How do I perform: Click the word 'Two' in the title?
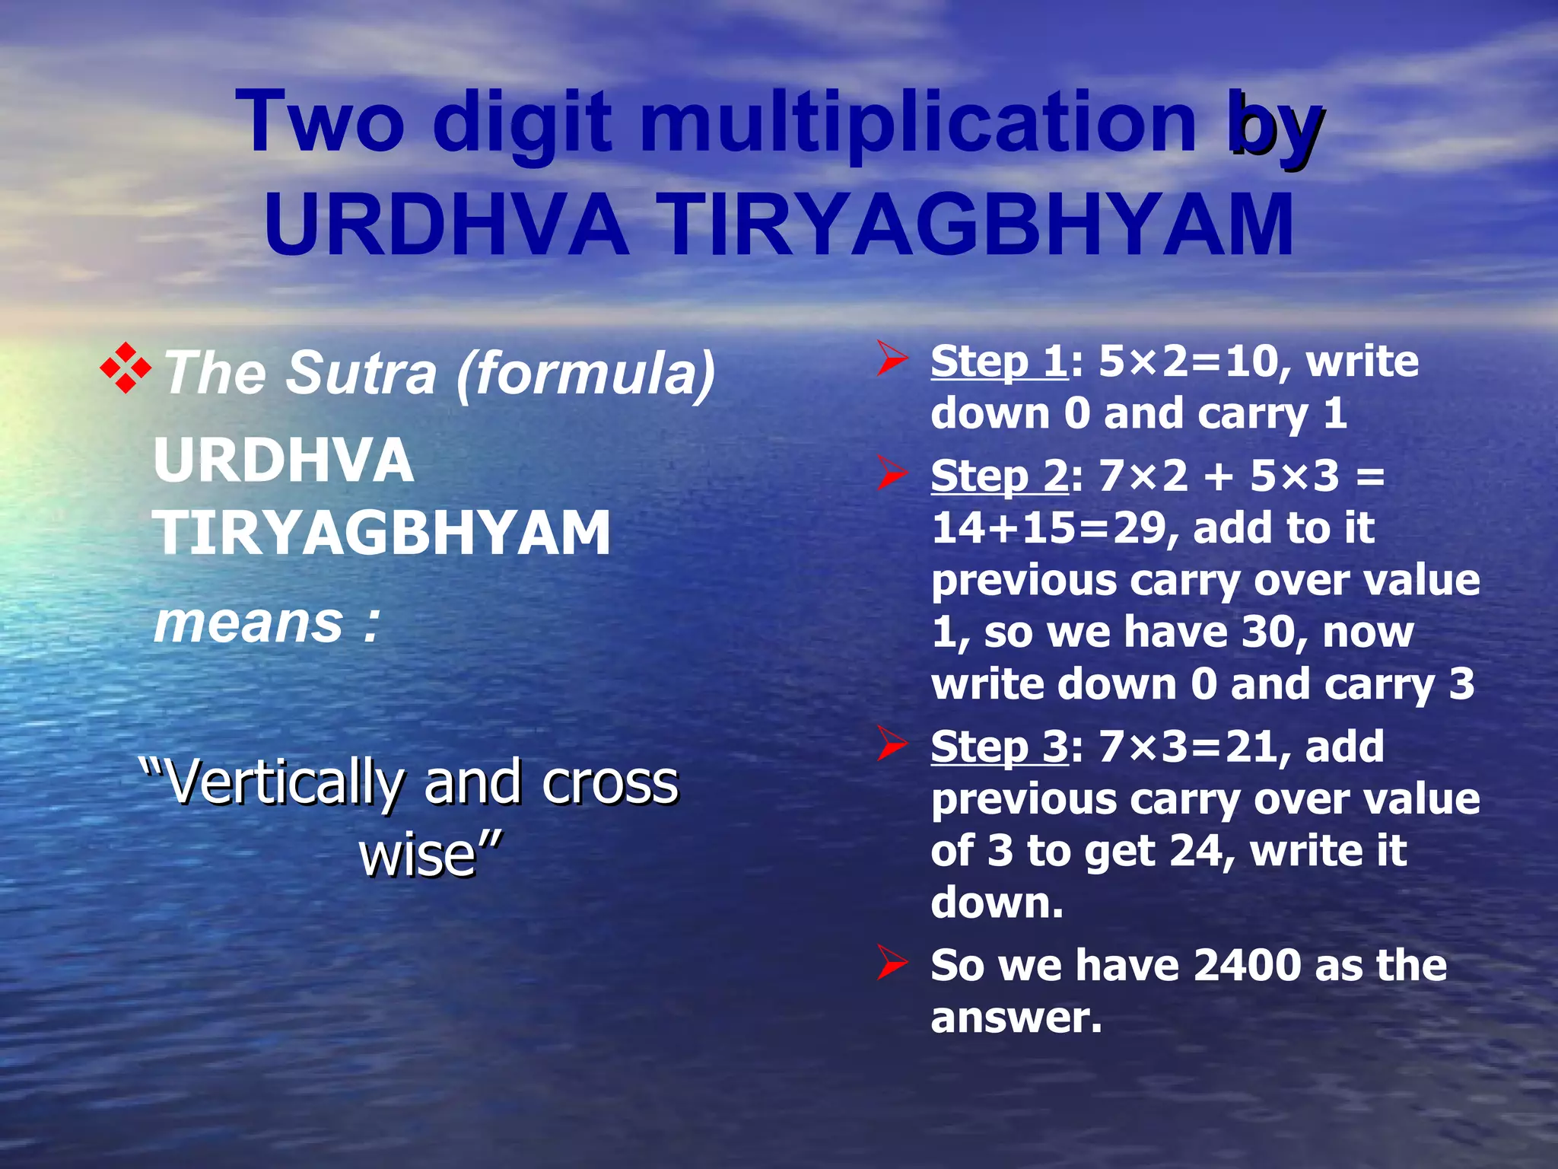coord(320,122)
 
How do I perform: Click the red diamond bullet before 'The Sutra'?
coord(126,369)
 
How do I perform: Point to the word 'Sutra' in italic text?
coord(361,373)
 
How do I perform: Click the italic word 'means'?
coord(248,623)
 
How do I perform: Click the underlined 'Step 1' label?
coord(1000,362)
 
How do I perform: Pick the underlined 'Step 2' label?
coord(1000,476)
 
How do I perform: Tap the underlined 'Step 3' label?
coord(1000,747)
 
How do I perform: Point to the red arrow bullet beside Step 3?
coord(892,744)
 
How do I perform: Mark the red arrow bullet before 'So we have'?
coord(892,964)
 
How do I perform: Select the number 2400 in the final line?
coord(1248,966)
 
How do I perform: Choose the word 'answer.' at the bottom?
coord(1016,1018)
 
